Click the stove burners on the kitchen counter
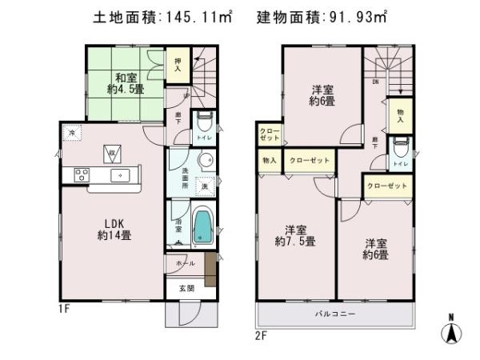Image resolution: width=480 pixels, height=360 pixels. (x=82, y=174)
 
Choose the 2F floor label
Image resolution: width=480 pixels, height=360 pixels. (x=260, y=334)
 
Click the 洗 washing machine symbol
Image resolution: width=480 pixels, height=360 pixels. (x=204, y=186)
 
